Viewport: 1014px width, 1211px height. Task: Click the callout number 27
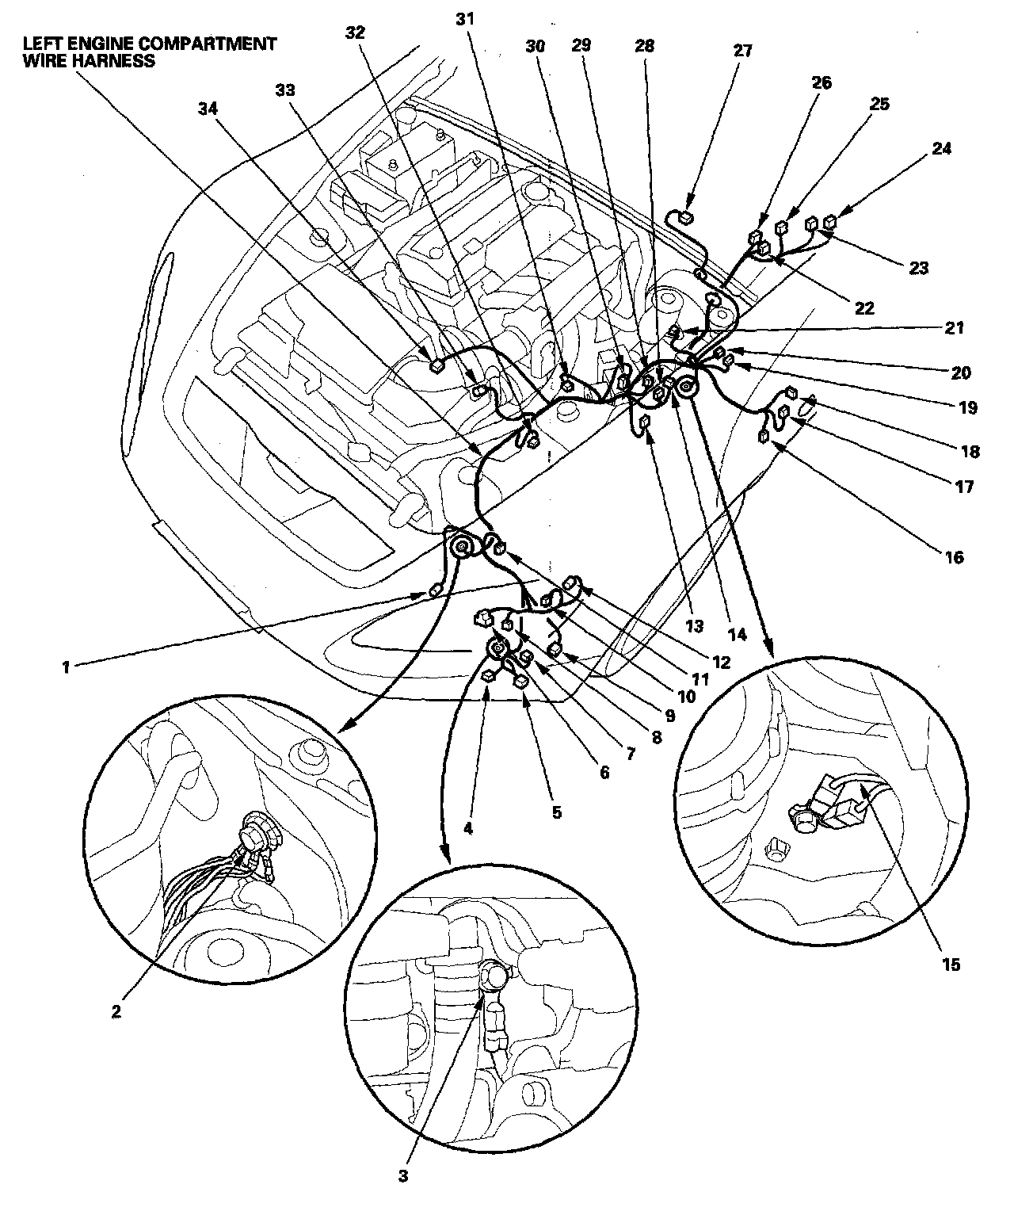click(741, 50)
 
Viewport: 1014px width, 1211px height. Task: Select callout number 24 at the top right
click(942, 148)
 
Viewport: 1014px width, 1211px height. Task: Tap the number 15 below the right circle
click(950, 964)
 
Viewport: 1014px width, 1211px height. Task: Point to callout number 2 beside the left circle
click(116, 1011)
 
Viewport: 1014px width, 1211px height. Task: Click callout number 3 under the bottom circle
click(403, 1175)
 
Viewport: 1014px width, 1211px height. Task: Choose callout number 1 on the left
click(67, 667)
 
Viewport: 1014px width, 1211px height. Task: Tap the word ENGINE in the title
click(90, 44)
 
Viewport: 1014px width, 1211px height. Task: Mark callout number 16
click(954, 557)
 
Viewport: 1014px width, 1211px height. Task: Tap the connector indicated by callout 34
click(435, 365)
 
